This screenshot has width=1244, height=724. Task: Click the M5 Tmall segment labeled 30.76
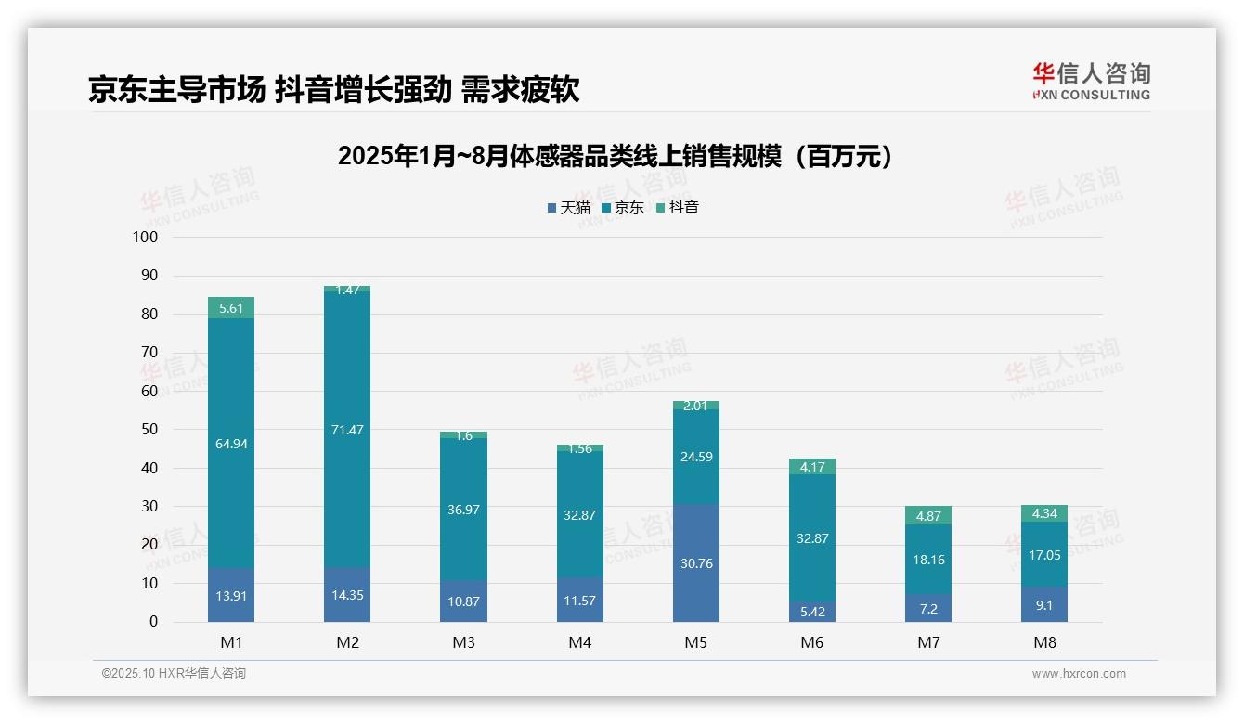(696, 562)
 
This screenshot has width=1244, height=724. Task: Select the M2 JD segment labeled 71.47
(347, 430)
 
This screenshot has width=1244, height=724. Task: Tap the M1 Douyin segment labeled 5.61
(231, 308)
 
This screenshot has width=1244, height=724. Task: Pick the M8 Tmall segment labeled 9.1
(1044, 604)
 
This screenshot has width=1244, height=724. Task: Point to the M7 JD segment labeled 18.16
(928, 560)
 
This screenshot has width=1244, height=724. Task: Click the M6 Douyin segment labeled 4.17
(812, 467)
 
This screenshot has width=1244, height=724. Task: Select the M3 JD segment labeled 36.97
(463, 510)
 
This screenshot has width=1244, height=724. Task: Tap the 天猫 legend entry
(568, 208)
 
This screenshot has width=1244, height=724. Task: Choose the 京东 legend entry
(623, 208)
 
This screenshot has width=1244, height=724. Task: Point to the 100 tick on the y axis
(146, 238)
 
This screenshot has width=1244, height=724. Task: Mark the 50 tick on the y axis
(149, 430)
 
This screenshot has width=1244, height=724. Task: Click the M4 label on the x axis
(580, 642)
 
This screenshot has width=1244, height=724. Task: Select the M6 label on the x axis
(812, 642)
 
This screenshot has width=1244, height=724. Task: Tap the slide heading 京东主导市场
(333, 89)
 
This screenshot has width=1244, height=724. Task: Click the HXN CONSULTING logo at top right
(1091, 82)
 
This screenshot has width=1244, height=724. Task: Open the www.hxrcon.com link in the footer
(1079, 674)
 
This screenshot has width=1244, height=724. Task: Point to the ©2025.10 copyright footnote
(174, 674)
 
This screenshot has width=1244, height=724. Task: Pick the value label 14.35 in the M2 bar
(347, 595)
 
